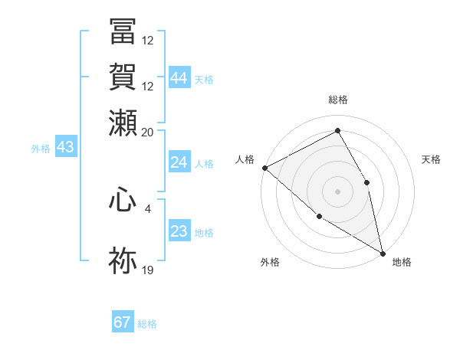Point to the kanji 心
point(123,201)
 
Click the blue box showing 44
point(179,78)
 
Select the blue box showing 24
point(179,162)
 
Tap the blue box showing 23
point(179,231)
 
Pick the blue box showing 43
point(65,147)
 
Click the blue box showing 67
point(123,322)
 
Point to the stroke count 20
point(148,132)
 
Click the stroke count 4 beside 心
point(148,207)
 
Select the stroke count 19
point(148,269)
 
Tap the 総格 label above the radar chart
point(338,100)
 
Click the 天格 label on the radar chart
point(432,159)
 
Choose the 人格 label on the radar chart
point(245,159)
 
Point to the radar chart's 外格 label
point(270,262)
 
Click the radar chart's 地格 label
point(402,262)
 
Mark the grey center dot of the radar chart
point(337,191)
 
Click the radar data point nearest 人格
point(264,168)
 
